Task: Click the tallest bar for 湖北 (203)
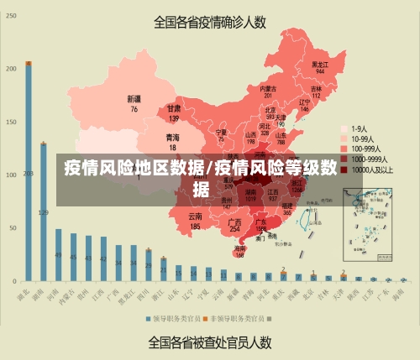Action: coord(29,172)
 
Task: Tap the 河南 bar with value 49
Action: coord(59,254)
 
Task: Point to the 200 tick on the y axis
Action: coord(12,68)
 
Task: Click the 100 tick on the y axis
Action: coord(10,175)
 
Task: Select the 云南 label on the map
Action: coord(195,221)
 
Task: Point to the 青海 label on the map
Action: coord(172,140)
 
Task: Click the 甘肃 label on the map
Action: coord(174,112)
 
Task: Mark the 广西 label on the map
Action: coord(235,224)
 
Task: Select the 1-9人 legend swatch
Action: coord(344,128)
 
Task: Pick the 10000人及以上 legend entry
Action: coord(370,169)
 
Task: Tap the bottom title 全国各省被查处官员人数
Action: coord(209,342)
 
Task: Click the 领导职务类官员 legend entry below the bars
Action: coord(175,319)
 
